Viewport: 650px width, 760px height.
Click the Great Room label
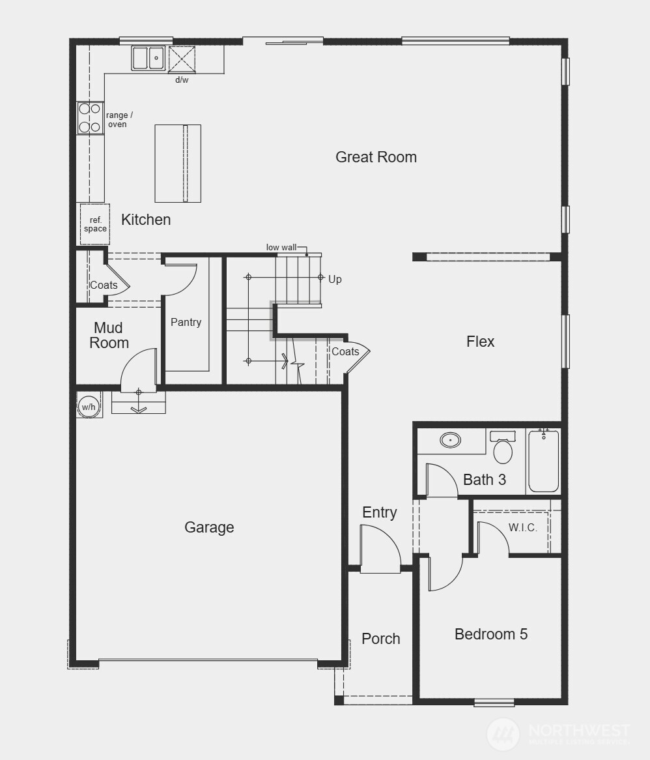coord(376,157)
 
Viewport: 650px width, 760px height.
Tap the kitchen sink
coord(148,58)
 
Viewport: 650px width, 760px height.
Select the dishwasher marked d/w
coord(182,59)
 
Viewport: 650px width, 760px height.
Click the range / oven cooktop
coord(90,118)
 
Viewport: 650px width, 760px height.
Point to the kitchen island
coord(178,164)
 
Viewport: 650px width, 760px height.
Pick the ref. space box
coord(95,225)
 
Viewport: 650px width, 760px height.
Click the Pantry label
coord(186,322)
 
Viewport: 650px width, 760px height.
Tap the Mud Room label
coord(109,335)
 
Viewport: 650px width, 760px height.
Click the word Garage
coord(209,527)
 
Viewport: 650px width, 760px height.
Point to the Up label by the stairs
coord(335,279)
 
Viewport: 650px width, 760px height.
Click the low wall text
coord(281,248)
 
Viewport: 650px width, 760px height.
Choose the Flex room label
coord(481,342)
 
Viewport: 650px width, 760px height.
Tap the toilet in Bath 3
coord(503,448)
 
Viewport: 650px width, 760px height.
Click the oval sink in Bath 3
coord(450,440)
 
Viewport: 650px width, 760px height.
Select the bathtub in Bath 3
coord(543,461)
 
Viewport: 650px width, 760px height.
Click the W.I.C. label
coord(523,528)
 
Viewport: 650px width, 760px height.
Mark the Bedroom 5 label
coord(491,634)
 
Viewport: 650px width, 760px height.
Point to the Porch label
coord(381,639)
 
